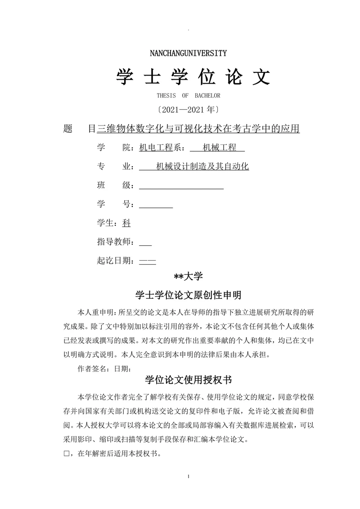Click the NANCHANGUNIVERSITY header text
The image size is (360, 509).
tap(188, 53)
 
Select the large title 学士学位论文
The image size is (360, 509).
tap(193, 77)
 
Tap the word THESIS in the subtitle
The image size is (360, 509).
tap(167, 96)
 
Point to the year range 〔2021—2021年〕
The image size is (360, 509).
tap(189, 109)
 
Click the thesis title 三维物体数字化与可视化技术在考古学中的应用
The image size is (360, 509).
tap(198, 129)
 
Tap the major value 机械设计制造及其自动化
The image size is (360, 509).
tap(202, 167)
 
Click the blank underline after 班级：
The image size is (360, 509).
tap(181, 186)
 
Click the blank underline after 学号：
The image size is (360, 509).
tap(156, 205)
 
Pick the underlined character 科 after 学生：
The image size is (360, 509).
tap(126, 223)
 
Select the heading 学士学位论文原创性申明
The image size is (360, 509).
tap(189, 295)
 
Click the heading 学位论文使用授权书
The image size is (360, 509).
tap(189, 380)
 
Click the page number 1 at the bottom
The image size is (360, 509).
tap(189, 476)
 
